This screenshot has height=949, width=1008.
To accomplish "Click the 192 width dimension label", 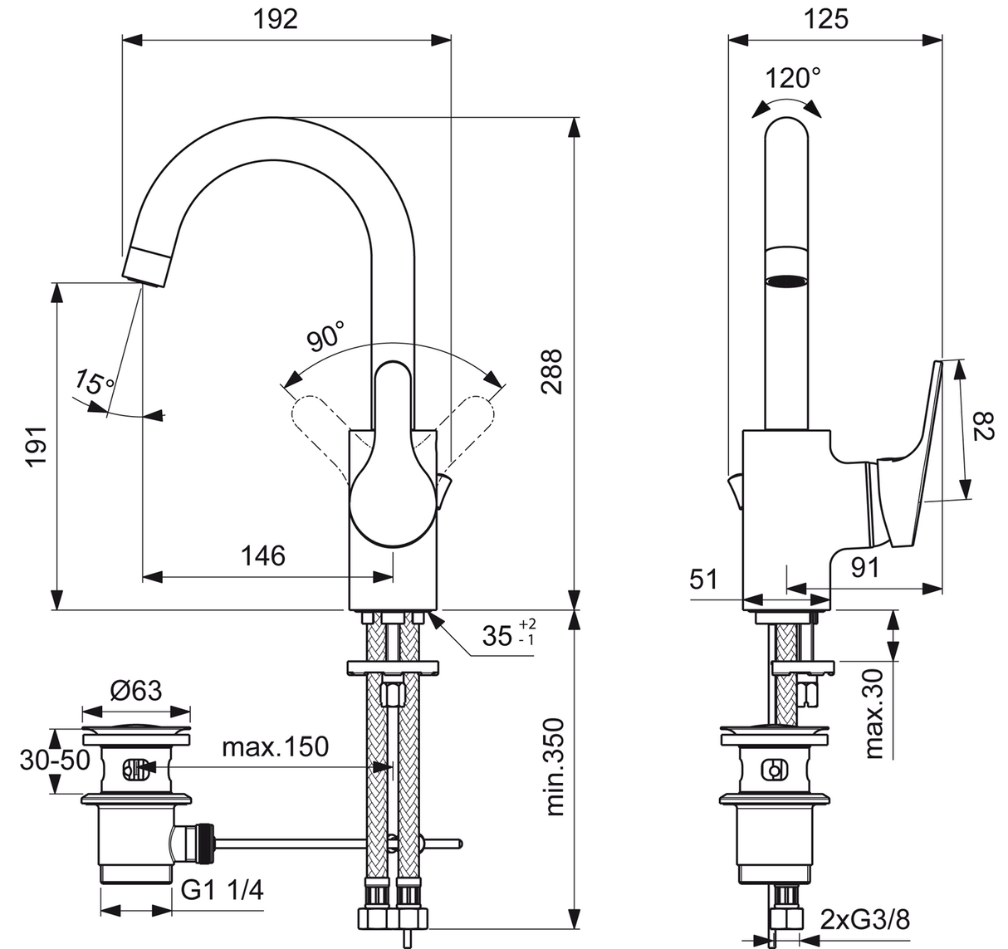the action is point(275,20).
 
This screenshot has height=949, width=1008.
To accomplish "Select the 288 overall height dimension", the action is point(551,372).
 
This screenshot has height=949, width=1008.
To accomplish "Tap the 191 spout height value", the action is point(37,446).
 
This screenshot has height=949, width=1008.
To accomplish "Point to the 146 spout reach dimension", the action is point(263,555).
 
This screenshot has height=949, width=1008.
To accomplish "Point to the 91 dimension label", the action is point(865,568).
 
